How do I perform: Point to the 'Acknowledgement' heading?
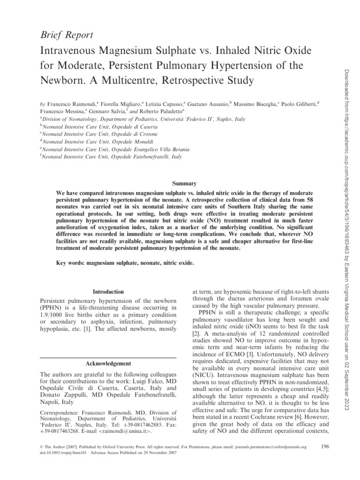108,363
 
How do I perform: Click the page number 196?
323,447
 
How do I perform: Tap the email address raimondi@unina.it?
126,432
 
